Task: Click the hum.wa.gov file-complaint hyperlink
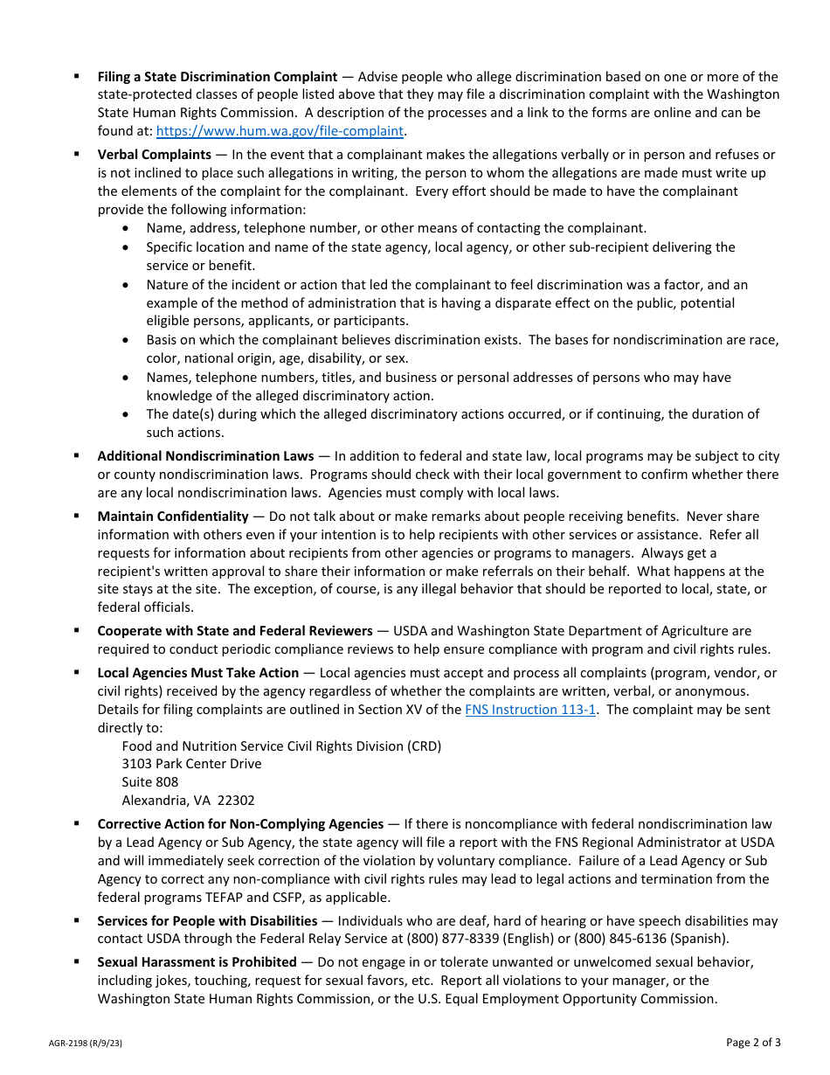[280, 131]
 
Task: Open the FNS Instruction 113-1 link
[529, 710]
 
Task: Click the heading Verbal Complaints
[155, 155]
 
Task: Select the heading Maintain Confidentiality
[173, 517]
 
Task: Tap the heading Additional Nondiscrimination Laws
[205, 456]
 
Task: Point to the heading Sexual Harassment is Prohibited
[197, 962]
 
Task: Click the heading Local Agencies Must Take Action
[197, 673]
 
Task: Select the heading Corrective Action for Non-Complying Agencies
[240, 824]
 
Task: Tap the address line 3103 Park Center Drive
[191, 764]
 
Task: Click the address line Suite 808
[150, 782]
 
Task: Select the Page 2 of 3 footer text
[753, 1042]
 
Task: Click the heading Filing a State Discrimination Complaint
[217, 77]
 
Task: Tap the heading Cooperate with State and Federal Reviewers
[235, 631]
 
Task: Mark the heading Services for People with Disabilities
[207, 921]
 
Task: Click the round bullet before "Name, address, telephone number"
[128, 229]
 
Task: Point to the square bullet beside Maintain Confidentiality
[77, 517]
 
